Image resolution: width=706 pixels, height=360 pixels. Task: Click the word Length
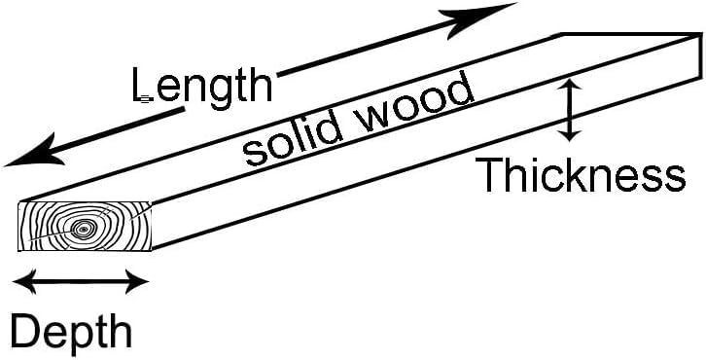click(202, 86)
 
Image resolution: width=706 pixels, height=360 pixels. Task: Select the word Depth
click(71, 332)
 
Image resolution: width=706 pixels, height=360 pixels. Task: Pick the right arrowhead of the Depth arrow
click(136, 281)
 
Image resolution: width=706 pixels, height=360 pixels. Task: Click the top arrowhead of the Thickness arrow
click(570, 85)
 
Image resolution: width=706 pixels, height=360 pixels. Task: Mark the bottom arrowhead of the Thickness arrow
click(570, 135)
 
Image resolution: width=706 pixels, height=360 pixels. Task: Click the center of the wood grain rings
click(83, 230)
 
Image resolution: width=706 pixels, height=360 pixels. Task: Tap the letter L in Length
click(142, 85)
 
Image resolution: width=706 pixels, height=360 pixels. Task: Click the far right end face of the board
click(700, 55)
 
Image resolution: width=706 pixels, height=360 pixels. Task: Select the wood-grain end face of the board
click(85, 226)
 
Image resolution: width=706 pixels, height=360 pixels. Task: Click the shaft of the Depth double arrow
click(81, 281)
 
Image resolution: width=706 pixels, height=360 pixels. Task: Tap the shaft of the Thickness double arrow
click(570, 110)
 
